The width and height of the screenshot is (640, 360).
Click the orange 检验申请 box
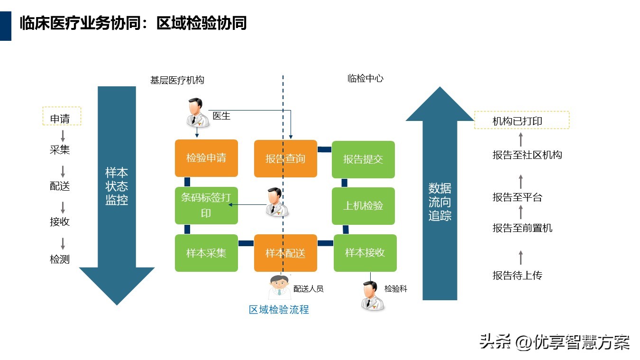pos(206,158)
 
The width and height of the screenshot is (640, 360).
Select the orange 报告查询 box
pos(285,159)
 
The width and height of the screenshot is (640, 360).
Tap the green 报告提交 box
pos(363,159)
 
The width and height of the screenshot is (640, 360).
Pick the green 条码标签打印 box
pos(206,205)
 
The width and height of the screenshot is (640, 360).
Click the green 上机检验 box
pos(363,206)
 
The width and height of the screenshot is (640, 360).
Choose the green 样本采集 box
pos(206,253)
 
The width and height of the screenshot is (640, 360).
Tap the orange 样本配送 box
pos(285,253)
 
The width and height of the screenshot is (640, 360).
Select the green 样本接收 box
pos(365,253)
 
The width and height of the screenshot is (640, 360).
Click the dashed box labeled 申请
pos(62,116)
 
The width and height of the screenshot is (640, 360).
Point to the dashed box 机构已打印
pos(521,120)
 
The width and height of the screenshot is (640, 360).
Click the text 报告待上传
pos(517,276)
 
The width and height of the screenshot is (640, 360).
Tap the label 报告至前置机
pos(522,228)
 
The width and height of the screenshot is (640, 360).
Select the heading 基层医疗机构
pos(177,80)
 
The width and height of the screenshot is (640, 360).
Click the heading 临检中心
pos(366,78)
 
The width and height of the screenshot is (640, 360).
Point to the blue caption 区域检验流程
pos(279,310)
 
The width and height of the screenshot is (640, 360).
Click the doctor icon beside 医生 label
pos(197,113)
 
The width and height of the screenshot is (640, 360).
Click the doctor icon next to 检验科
pos(373,296)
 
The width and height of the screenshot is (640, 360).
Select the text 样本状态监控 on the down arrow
pos(117,186)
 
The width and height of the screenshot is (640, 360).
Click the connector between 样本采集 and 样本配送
pos(246,243)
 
